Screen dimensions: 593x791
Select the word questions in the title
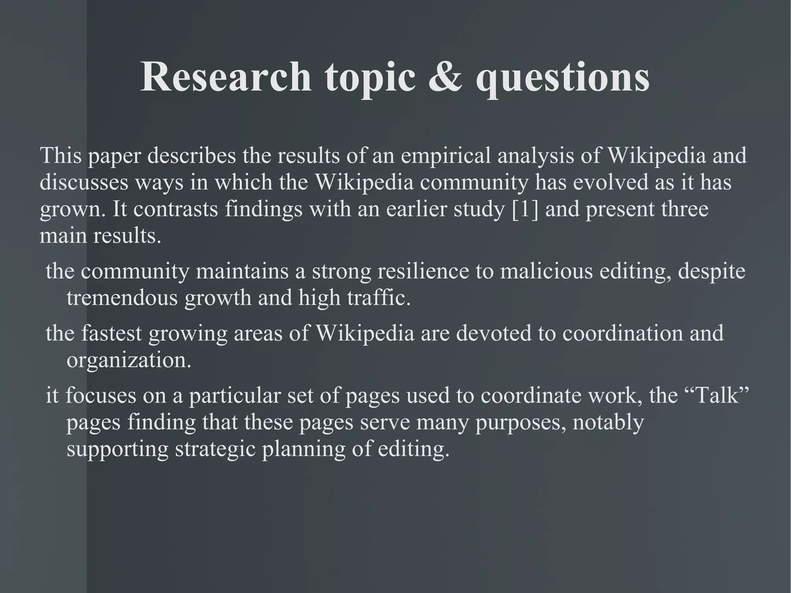pyautogui.click(x=563, y=79)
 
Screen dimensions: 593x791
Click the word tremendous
pyautogui.click(x=122, y=298)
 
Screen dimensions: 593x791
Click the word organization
pyautogui.click(x=129, y=361)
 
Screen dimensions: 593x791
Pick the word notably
pyautogui.click(x=608, y=422)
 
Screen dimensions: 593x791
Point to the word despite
pyautogui.click(x=711, y=272)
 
